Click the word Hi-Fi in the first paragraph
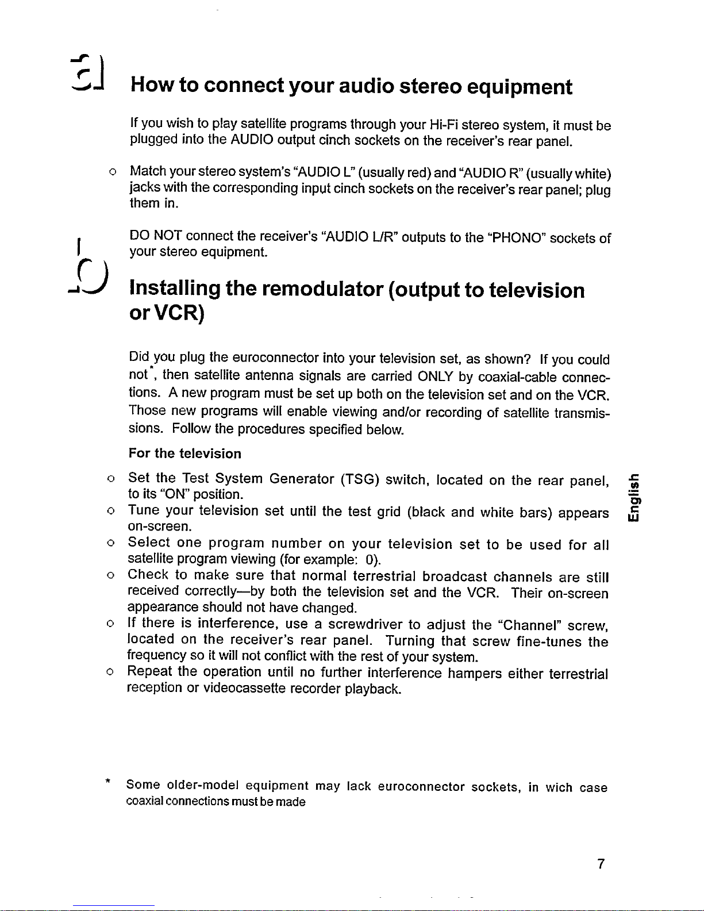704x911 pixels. click(444, 125)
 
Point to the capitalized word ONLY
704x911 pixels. click(437, 376)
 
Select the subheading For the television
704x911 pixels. click(185, 453)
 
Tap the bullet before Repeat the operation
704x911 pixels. click(110, 672)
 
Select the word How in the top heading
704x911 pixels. click(151, 86)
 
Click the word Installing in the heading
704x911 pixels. click(175, 289)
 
